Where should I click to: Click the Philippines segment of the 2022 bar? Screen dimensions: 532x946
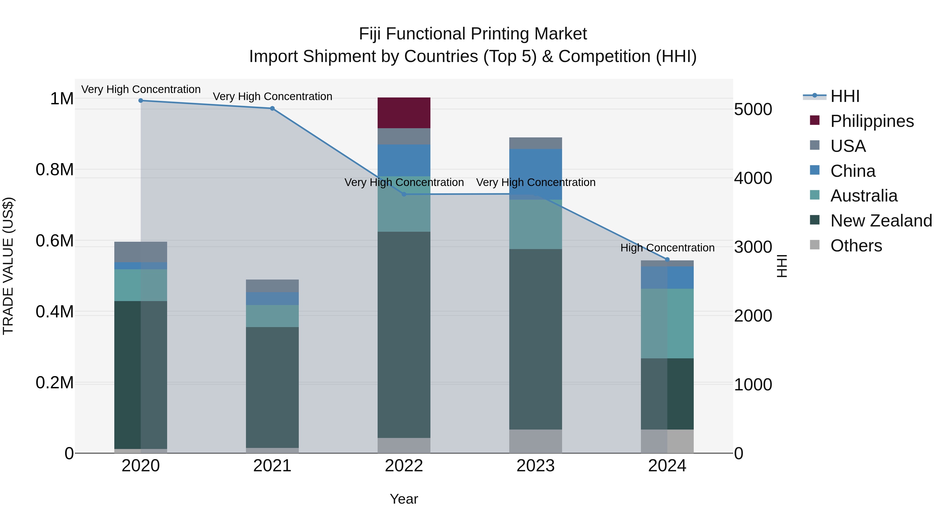(x=404, y=113)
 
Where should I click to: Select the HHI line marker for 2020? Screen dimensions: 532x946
(x=141, y=101)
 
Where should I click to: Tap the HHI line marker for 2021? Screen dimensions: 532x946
(x=272, y=108)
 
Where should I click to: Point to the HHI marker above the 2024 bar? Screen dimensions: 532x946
(x=667, y=260)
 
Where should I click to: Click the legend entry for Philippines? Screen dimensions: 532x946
(x=872, y=121)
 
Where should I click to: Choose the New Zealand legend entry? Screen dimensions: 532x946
(x=881, y=221)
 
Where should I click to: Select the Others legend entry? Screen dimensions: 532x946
(x=856, y=246)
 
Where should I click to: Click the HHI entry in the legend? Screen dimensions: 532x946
(x=845, y=96)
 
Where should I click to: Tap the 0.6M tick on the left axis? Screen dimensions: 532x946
(x=54, y=241)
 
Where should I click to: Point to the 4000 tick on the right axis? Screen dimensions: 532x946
(x=753, y=178)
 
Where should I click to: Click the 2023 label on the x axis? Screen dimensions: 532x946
(x=536, y=466)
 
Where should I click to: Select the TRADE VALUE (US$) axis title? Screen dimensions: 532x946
(x=8, y=266)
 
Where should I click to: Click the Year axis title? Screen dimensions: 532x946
(x=404, y=499)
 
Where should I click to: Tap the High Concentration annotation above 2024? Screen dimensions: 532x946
(x=667, y=248)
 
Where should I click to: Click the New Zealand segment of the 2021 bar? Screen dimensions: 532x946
(x=272, y=387)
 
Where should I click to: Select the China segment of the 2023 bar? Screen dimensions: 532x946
(x=536, y=173)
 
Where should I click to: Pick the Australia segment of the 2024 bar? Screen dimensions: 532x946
(x=667, y=323)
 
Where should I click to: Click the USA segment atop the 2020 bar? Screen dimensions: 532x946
(x=141, y=252)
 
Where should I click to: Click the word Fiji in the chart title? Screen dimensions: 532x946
(x=370, y=34)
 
